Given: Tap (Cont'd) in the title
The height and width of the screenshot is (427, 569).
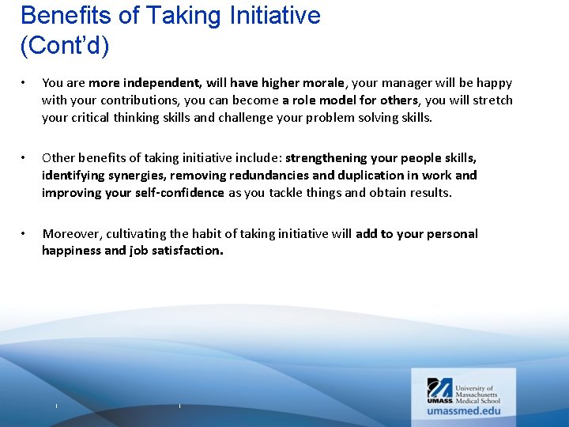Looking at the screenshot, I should (x=65, y=46).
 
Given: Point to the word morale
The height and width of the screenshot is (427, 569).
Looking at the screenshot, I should (x=320, y=83).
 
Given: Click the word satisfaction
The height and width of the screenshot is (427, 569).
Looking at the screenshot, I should (x=187, y=251).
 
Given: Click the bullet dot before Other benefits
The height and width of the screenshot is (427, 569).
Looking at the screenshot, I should (x=25, y=158).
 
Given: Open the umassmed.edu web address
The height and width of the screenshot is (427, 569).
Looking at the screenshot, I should (x=464, y=410).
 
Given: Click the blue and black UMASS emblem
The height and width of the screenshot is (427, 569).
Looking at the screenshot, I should (x=440, y=391).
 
